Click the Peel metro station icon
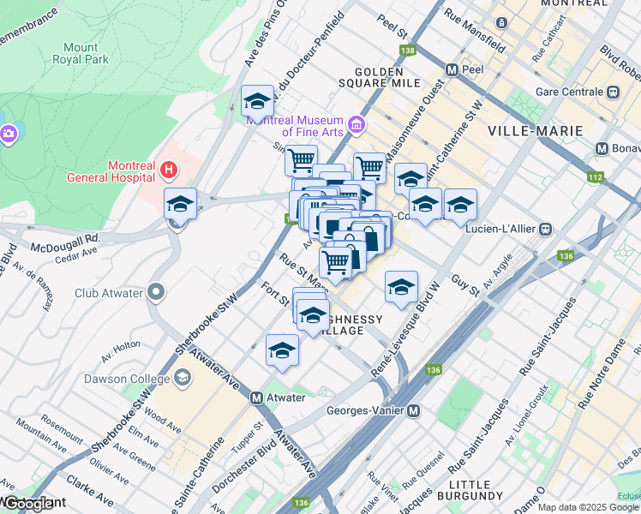click(451, 69)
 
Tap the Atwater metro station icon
click(256, 398)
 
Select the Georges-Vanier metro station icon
click(413, 410)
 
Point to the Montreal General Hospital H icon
click(169, 170)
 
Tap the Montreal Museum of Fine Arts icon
click(356, 127)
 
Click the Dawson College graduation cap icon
click(182, 378)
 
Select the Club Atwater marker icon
click(155, 293)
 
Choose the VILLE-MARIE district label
click(536, 130)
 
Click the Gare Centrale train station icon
click(613, 92)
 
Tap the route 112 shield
click(596, 177)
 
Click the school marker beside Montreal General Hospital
click(180, 205)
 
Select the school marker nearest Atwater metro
click(282, 350)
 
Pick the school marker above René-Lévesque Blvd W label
click(400, 288)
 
